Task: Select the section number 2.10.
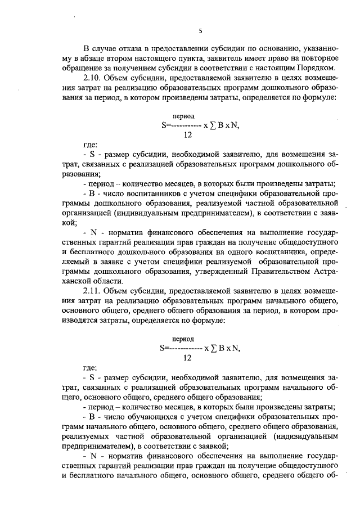tap(93, 78)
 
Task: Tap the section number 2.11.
tap(93, 290)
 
